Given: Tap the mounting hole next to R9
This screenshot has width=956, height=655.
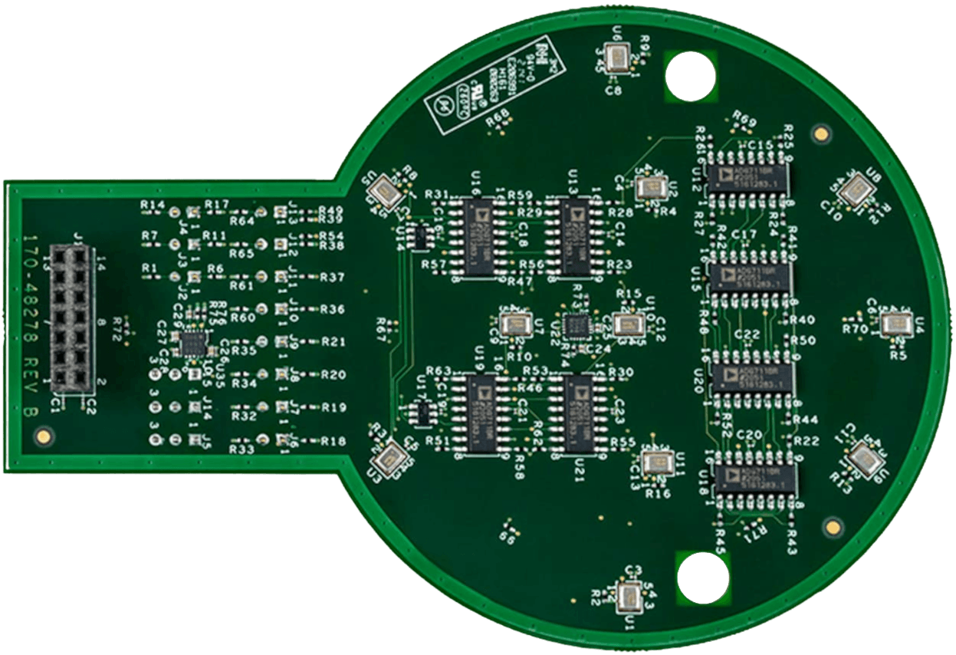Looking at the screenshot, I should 690,77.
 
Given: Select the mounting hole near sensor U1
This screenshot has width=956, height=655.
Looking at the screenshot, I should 702,577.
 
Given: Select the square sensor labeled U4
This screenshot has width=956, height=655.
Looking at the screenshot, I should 895,324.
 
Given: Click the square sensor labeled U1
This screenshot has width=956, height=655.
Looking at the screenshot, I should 629,598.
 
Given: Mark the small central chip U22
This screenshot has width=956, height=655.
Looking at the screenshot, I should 575,324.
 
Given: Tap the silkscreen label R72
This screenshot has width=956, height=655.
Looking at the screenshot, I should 117,324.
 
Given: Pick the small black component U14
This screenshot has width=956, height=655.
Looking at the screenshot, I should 420,237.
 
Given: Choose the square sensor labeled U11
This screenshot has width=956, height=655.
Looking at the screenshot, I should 654,461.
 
